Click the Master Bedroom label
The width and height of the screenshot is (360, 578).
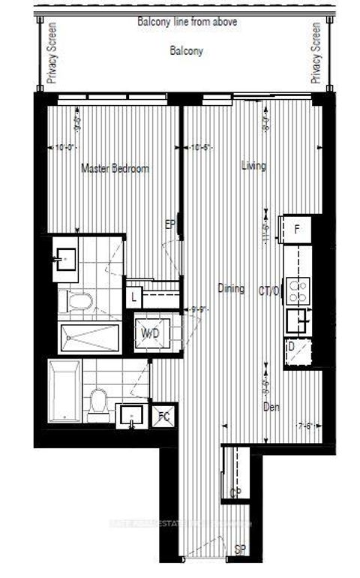(115, 169)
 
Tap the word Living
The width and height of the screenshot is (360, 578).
(253, 166)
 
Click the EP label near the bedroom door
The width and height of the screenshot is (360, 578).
(171, 223)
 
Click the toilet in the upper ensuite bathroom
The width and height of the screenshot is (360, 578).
(78, 302)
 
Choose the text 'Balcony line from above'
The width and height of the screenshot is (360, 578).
(187, 22)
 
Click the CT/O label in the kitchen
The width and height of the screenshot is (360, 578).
(268, 291)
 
